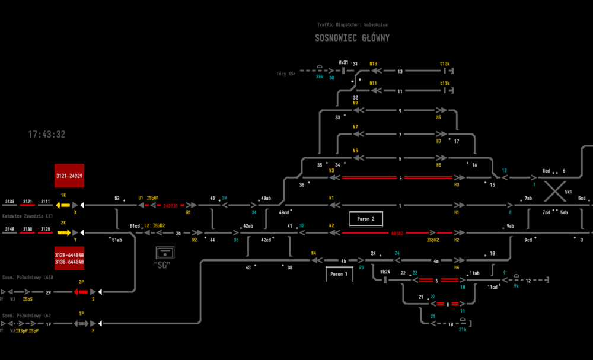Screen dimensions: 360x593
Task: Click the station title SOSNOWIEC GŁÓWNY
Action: [x=352, y=39]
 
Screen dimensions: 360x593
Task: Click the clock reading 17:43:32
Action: [x=47, y=135]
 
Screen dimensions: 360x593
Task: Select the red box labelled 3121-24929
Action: [x=69, y=176]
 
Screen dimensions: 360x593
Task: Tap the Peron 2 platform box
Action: [x=366, y=219]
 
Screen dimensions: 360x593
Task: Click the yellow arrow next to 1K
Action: [x=63, y=205]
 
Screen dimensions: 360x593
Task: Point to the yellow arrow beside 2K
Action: [x=63, y=232]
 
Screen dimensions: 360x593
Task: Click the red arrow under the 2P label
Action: [x=81, y=292]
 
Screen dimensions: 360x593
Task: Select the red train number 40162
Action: [x=397, y=233]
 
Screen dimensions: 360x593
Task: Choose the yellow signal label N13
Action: [x=373, y=63]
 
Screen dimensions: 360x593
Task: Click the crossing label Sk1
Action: [x=568, y=192]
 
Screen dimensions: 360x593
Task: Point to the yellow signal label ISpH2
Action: [x=433, y=240]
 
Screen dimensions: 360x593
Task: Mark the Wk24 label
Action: [x=385, y=272]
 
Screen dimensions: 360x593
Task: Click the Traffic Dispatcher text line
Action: [x=352, y=25]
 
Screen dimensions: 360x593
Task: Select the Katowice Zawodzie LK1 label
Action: [x=27, y=216]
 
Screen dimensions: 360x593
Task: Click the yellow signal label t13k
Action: [x=445, y=63]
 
